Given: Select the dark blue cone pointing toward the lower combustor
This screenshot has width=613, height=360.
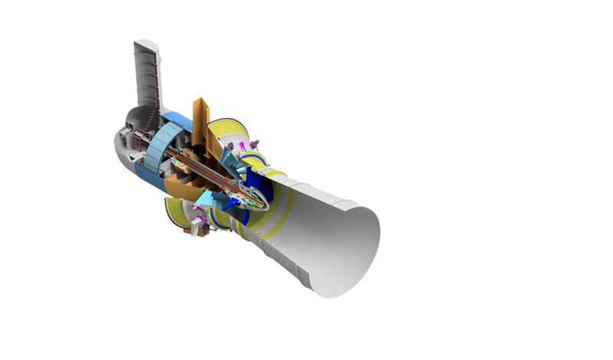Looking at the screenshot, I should (x=230, y=204).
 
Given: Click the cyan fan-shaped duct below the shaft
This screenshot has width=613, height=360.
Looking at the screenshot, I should (x=204, y=200).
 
